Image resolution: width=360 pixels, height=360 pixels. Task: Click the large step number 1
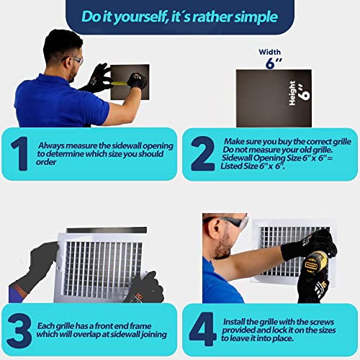tap(19, 153)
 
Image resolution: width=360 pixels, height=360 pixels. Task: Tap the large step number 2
tap(202, 153)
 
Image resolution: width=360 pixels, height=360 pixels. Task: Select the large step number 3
tap(19, 331)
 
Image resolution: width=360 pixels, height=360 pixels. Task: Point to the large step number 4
tap(202, 329)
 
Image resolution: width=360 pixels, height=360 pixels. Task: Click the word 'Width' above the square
tap(270, 52)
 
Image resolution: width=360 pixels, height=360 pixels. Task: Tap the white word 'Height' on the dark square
tap(292, 93)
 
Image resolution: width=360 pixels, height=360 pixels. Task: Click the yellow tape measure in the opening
tap(120, 84)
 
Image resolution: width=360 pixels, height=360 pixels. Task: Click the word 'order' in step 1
tap(46, 162)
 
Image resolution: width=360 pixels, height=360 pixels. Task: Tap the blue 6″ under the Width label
tap(274, 63)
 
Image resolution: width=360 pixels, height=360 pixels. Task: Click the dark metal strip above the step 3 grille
tap(107, 230)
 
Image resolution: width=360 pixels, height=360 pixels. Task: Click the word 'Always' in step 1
tap(51, 145)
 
